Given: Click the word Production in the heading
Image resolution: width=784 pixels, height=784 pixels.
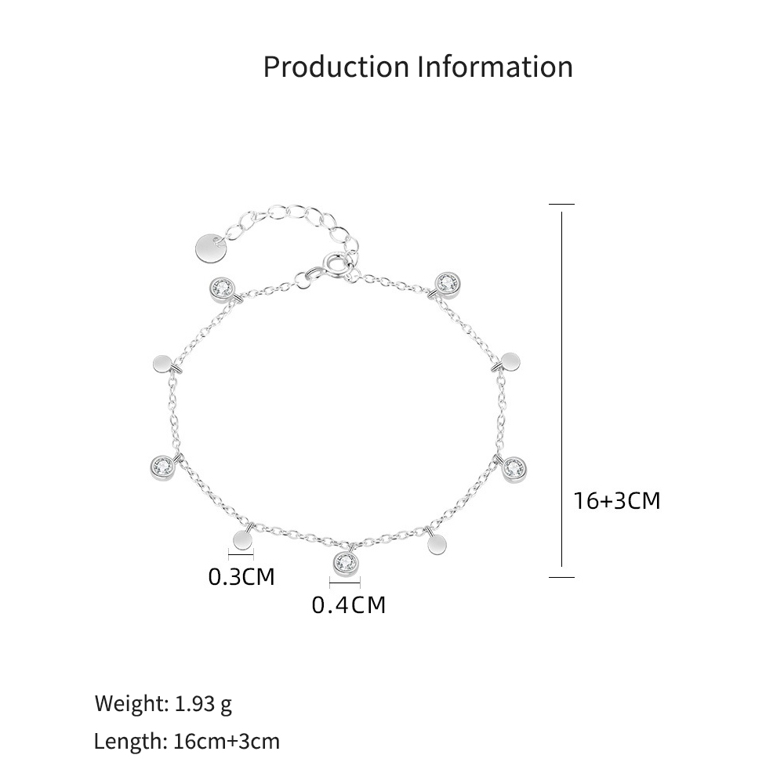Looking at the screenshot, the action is tap(336, 67).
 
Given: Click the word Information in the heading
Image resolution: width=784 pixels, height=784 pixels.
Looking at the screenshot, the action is tap(495, 67).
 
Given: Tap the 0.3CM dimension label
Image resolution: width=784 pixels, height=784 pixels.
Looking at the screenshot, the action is tap(241, 576).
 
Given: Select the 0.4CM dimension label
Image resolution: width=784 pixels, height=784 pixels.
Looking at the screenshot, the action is tap(349, 605).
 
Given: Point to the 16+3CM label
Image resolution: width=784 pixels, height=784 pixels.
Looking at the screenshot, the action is tap(616, 500).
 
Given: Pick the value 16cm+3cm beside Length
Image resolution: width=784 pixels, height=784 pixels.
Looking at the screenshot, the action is tap(227, 741).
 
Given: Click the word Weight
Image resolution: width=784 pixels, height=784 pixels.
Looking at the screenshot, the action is tap(132, 703).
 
